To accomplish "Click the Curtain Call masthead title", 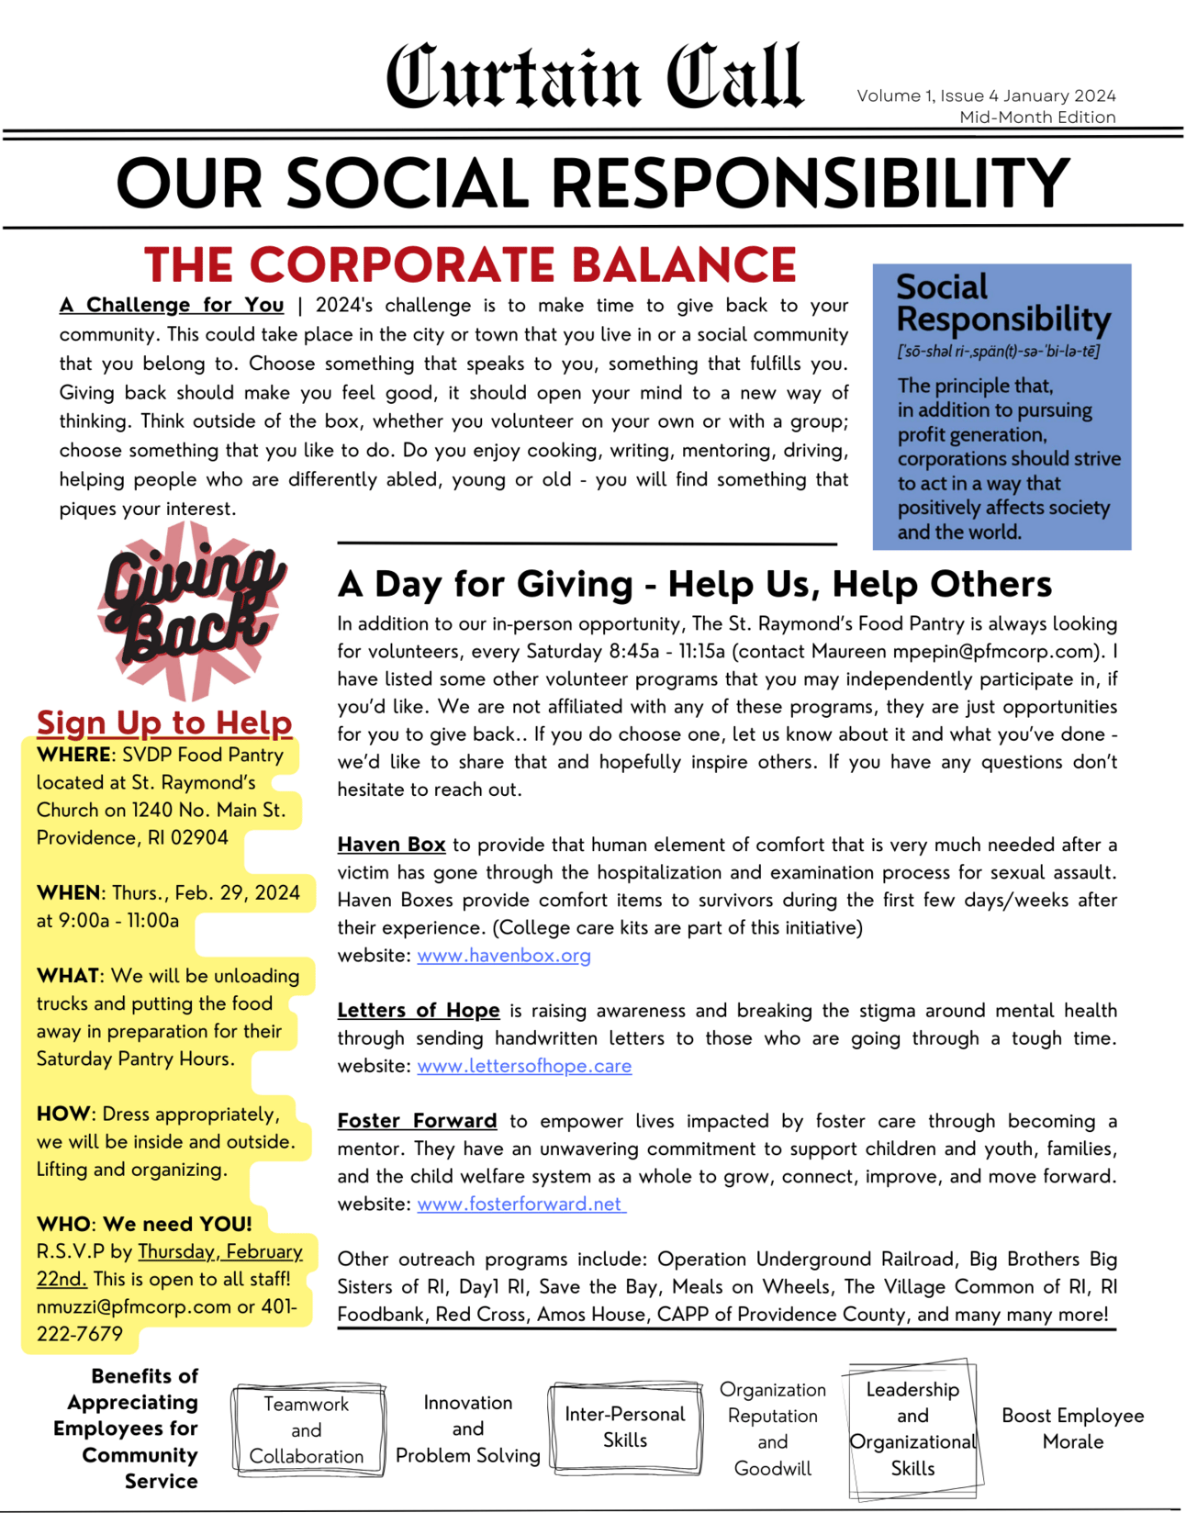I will click(594, 77).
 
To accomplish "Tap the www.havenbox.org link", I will click(504, 956).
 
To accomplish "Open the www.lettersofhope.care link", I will click(524, 1066).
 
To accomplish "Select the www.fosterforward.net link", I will click(520, 1204).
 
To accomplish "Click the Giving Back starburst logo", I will click(192, 608).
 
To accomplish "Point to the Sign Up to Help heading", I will click(164, 723).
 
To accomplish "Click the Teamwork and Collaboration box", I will click(307, 1429).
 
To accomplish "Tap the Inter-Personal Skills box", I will click(625, 1427).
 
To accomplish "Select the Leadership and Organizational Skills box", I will click(912, 1429).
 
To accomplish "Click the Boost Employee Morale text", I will click(1072, 1429).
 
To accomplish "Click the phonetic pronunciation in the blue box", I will click(998, 352).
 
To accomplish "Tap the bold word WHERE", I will click(73, 755).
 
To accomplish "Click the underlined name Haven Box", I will click(391, 845).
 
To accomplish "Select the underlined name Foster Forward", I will click(417, 1121).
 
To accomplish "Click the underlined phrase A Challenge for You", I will click(172, 305).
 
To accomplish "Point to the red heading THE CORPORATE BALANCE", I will click(470, 265).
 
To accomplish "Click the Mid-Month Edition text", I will click(1037, 118).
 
